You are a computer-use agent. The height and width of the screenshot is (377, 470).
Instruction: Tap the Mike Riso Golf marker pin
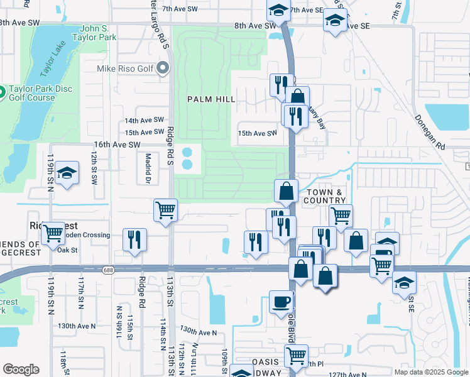pyautogui.click(x=164, y=68)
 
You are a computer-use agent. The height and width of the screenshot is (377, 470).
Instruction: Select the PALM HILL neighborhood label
pyautogui.click(x=211, y=99)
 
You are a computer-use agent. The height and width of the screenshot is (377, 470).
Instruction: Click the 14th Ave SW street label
pyautogui.click(x=144, y=120)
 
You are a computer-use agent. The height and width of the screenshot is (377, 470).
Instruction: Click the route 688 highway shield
pyautogui.click(x=109, y=270)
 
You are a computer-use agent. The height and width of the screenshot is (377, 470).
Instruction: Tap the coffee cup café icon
pyautogui.click(x=281, y=302)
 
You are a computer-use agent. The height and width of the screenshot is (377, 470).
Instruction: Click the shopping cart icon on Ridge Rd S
pyautogui.click(x=166, y=210)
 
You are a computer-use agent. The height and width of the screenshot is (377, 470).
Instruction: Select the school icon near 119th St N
pyautogui.click(x=66, y=173)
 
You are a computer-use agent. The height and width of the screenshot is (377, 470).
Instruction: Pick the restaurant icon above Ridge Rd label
pyautogui.click(x=135, y=239)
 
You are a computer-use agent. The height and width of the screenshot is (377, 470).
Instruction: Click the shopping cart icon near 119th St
pyautogui.click(x=53, y=234)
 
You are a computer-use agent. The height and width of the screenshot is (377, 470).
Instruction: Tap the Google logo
pyautogui.click(x=21, y=369)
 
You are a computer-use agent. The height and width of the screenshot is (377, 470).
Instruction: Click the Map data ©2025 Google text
pyautogui.click(x=430, y=372)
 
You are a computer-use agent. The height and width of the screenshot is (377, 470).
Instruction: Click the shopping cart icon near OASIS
pyautogui.click(x=295, y=355)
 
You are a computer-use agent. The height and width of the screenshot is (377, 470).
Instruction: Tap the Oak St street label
pyautogui.click(x=67, y=250)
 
